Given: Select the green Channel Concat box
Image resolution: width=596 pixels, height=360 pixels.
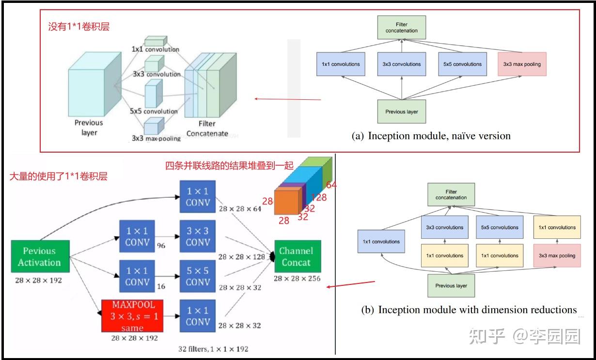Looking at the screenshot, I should point(296,256).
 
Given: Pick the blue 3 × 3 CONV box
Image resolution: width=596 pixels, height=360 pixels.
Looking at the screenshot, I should point(198,236).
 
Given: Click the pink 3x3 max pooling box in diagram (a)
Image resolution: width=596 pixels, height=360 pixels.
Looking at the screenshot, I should point(522,64).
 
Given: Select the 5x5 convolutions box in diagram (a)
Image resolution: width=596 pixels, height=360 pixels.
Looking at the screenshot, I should point(462,64).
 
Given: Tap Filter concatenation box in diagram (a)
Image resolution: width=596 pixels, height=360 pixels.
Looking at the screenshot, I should point(401,28).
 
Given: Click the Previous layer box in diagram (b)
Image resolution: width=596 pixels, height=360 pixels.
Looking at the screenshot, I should point(451,285).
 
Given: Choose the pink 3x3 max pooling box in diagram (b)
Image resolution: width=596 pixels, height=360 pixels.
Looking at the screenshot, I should point(557,255).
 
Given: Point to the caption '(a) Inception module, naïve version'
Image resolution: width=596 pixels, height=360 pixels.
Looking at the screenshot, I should point(431,136).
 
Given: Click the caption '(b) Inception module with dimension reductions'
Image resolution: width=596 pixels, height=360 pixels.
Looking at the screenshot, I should point(469,310).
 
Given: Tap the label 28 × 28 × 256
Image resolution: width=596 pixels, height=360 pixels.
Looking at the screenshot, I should point(297,279).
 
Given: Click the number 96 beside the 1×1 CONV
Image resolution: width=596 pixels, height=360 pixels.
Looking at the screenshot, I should point(161,246).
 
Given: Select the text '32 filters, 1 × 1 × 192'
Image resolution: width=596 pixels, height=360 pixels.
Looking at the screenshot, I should point(213,348).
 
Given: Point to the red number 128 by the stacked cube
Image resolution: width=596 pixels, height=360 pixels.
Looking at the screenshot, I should point(319,197).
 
